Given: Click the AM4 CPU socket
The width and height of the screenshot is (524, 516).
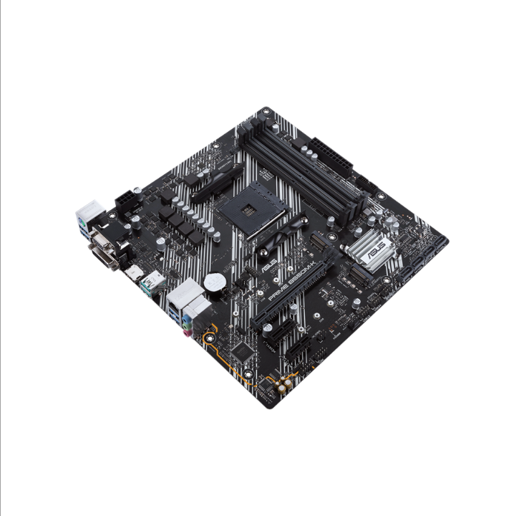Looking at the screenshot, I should (x=247, y=207).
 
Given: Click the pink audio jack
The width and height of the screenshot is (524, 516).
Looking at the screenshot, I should (x=186, y=324).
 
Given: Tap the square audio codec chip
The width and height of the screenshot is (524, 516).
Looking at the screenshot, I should (x=245, y=351).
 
